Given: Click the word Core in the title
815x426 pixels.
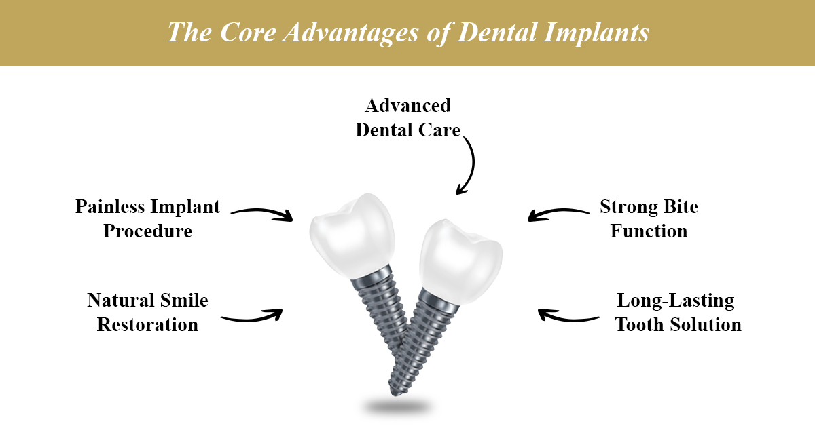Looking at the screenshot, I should pyautogui.click(x=236, y=33).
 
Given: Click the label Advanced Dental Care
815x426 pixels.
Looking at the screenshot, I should pyautogui.click(x=407, y=117).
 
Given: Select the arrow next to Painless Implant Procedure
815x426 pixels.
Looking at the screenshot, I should pyautogui.click(x=262, y=214).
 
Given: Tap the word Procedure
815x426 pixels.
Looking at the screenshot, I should pyautogui.click(x=147, y=231).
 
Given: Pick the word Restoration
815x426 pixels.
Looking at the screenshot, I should pyautogui.click(x=147, y=324).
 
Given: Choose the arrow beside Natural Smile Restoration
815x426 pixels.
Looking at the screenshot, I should pyautogui.click(x=251, y=316).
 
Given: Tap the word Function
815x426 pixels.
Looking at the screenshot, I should pyautogui.click(x=649, y=231).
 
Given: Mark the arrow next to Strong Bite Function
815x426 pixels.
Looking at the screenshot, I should pyautogui.click(x=558, y=214).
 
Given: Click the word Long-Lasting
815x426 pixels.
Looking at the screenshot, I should pyautogui.click(x=675, y=300).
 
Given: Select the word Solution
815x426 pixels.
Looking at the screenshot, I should pyautogui.click(x=707, y=324).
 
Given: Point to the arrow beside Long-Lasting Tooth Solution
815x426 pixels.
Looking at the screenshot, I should pyautogui.click(x=568, y=316).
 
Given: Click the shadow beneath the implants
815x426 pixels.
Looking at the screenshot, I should pyautogui.click(x=397, y=407).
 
